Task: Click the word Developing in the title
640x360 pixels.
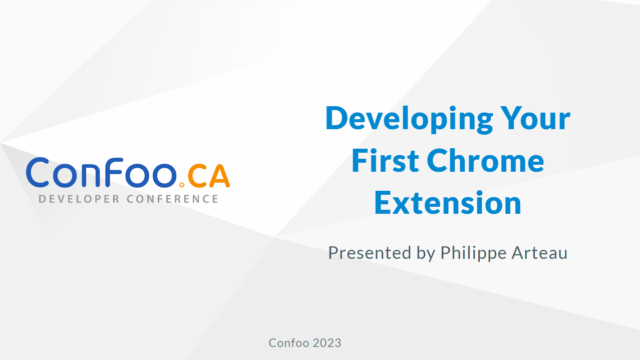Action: [409, 120]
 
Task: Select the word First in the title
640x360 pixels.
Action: [385, 160]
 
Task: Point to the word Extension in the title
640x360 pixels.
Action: [448, 203]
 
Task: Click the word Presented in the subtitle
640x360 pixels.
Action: [370, 253]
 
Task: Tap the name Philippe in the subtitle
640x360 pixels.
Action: [473, 253]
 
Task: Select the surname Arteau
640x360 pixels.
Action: [539, 253]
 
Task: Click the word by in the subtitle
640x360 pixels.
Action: [426, 253]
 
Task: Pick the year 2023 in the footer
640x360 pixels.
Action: [327, 343]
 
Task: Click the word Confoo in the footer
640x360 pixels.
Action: [289, 343]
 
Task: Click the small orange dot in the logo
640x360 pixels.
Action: [182, 185]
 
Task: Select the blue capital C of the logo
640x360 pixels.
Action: [38, 172]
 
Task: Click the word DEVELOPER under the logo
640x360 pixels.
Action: [79, 199]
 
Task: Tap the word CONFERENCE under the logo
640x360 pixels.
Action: [173, 199]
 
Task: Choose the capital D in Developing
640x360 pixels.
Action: [337, 118]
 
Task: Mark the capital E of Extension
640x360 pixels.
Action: [383, 203]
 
